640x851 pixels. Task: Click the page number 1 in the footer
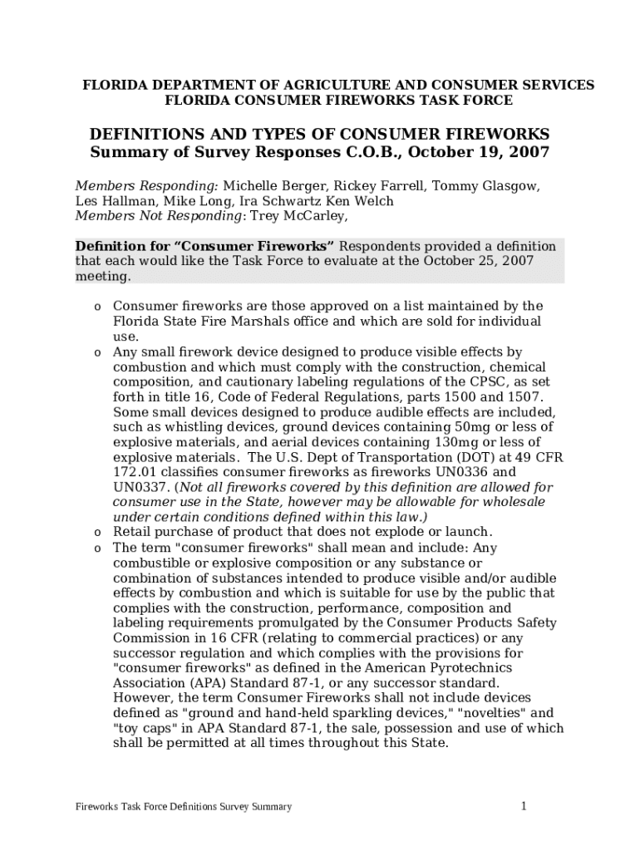(x=524, y=805)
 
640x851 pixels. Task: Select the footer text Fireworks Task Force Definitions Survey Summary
(x=183, y=807)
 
